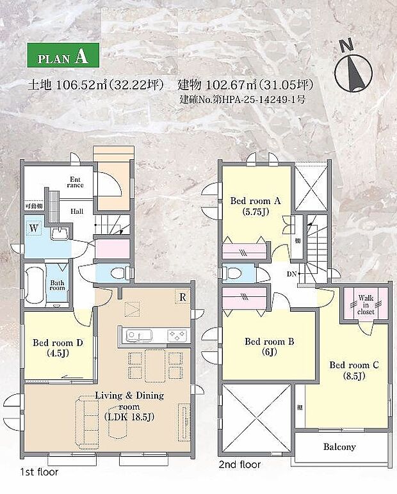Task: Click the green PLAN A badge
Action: (63, 56)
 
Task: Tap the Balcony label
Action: (339, 447)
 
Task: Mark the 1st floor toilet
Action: (117, 273)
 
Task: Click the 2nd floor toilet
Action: (234, 273)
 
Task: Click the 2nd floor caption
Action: (239, 465)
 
